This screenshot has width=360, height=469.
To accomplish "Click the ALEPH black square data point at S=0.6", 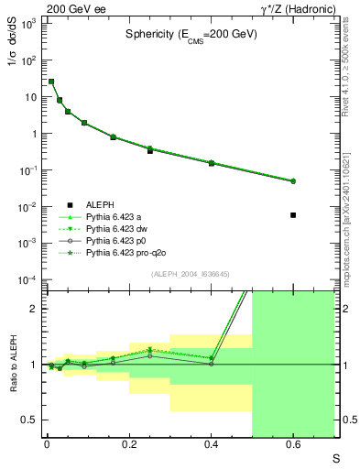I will (x=293, y=214).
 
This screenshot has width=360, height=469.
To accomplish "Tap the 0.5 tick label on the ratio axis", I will (x=30, y=420).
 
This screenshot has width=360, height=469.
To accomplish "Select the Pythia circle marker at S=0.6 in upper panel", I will (x=293, y=181).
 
